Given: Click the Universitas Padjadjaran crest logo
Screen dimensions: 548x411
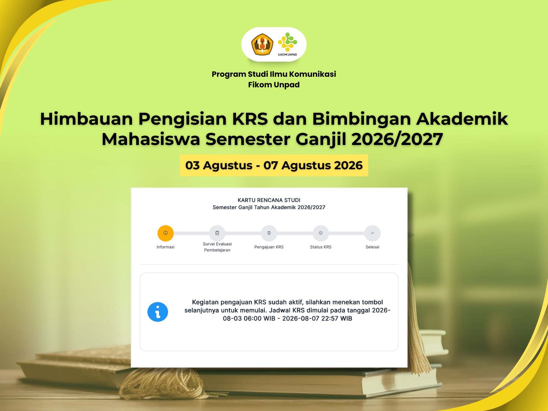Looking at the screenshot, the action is tap(262, 44).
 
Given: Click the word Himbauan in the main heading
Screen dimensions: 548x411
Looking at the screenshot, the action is tap(86, 119).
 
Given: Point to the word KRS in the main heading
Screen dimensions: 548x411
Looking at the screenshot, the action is tap(250, 119).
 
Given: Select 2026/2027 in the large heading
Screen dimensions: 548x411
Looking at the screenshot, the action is tap(397, 139).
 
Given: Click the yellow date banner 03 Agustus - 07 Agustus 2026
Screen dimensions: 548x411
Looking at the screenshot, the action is tap(274, 165).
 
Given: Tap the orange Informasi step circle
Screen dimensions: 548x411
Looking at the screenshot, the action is tap(166, 233).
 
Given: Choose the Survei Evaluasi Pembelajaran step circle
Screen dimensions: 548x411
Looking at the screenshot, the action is tap(217, 233).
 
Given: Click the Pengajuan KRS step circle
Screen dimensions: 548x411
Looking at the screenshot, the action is tap(269, 233).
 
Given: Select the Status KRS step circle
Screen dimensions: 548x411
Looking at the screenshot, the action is tap(321, 233).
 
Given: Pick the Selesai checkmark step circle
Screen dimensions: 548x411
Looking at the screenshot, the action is tap(372, 233).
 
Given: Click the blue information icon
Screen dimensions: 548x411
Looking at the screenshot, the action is tap(158, 312).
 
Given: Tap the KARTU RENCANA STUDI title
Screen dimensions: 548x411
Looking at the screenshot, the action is tap(269, 200).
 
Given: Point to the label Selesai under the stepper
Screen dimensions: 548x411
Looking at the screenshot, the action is tap(372, 247).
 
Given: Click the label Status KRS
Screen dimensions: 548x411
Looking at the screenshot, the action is tap(321, 247).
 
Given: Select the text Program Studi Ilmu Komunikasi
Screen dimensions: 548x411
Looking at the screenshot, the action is tap(274, 74).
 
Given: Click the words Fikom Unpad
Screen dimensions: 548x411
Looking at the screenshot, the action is tap(274, 85).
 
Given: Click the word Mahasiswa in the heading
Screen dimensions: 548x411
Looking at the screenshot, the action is tap(151, 139).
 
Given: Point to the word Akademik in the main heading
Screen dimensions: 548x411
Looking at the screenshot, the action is tap(462, 119).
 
